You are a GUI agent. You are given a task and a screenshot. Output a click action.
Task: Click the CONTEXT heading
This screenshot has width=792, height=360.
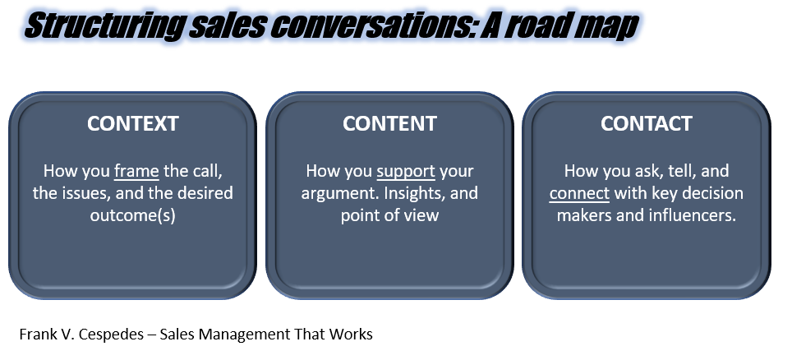pos(133,123)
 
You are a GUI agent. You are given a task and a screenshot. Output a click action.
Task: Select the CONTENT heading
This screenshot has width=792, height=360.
pos(389,123)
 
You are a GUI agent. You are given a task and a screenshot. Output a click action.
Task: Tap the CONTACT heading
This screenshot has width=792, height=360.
pos(646,123)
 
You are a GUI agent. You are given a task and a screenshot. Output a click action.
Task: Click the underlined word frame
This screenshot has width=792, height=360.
pos(136,171)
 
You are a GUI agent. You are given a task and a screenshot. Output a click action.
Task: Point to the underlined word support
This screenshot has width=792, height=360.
pos(406,172)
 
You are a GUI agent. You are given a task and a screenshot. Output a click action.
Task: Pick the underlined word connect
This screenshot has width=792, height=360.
pos(579,194)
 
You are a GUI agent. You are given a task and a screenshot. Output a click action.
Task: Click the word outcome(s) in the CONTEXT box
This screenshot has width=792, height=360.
pos(133,216)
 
